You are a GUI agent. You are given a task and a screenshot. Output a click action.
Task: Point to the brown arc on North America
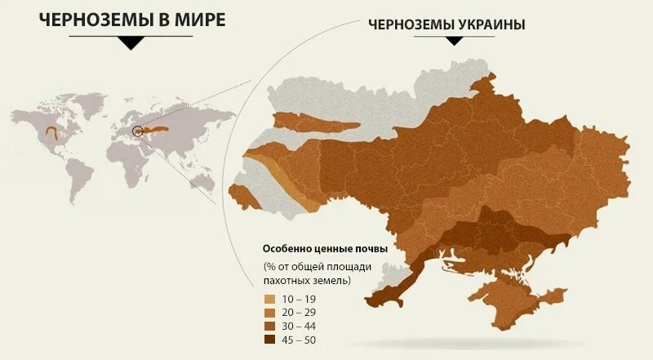52,131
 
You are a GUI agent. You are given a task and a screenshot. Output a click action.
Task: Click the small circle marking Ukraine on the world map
138,129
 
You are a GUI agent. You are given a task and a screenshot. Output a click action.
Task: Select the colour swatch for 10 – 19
269,299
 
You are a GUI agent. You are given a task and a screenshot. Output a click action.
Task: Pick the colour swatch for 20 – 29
269,312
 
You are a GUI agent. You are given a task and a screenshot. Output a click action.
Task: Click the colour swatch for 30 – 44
269,326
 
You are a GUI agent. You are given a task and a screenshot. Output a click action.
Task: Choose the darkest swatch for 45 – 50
269,339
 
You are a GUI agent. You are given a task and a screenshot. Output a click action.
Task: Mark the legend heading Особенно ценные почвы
324,248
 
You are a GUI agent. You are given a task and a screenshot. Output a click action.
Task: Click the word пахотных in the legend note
288,280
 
